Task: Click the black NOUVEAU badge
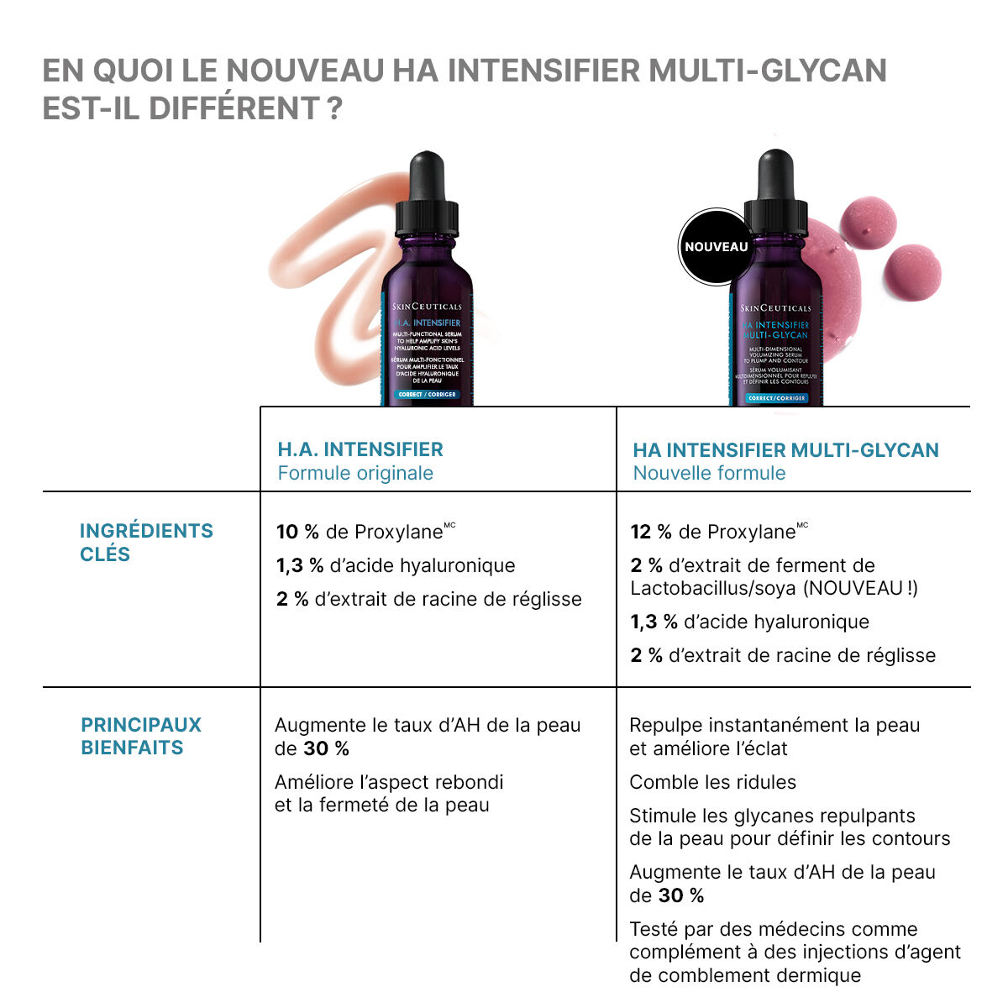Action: click(x=716, y=247)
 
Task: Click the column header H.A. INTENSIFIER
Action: click(x=360, y=449)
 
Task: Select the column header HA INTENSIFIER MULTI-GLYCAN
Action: click(x=785, y=450)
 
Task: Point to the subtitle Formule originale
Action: click(x=355, y=473)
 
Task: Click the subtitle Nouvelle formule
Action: click(x=709, y=473)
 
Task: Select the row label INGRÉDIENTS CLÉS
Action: click(x=146, y=542)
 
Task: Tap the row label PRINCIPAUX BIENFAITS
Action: click(x=141, y=736)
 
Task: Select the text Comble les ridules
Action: click(x=712, y=782)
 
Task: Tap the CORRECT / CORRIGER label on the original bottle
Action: click(x=427, y=394)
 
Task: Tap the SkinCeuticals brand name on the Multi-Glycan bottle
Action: click(x=777, y=308)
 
